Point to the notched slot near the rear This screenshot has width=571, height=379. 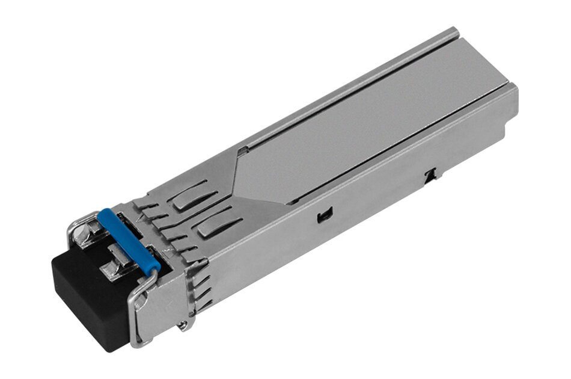click(x=430, y=175)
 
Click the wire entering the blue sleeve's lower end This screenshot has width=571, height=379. click(x=155, y=274)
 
